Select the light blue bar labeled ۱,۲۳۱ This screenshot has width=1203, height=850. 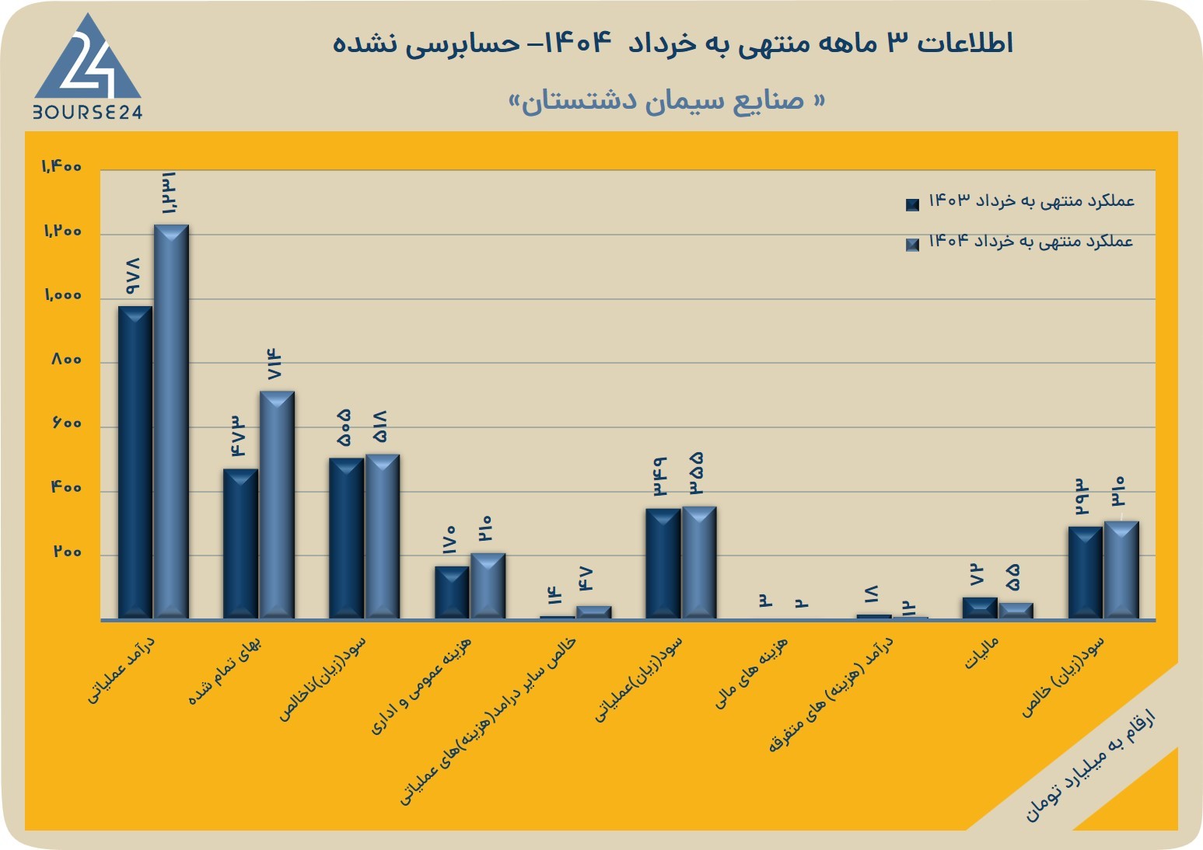(171, 422)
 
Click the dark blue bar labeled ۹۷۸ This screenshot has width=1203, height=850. (135, 462)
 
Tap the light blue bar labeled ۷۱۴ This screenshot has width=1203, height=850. (277, 505)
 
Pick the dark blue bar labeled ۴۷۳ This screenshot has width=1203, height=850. (240, 544)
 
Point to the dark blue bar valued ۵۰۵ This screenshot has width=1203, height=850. (346, 538)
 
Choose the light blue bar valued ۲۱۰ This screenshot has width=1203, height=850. (488, 586)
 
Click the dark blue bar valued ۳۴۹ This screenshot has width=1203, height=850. (663, 564)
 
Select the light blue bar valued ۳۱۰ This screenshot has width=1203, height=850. (1121, 570)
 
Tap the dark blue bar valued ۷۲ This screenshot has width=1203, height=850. (980, 608)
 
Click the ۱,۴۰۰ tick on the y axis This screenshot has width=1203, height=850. (61, 167)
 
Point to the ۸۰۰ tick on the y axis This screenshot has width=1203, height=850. (67, 360)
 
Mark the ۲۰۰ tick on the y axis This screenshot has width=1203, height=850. (67, 552)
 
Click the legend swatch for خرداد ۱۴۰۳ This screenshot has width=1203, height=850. (912, 204)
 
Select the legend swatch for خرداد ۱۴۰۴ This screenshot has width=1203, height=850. (912, 245)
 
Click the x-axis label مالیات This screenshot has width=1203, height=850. (982, 653)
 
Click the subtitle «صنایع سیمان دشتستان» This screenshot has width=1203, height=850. (666, 101)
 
